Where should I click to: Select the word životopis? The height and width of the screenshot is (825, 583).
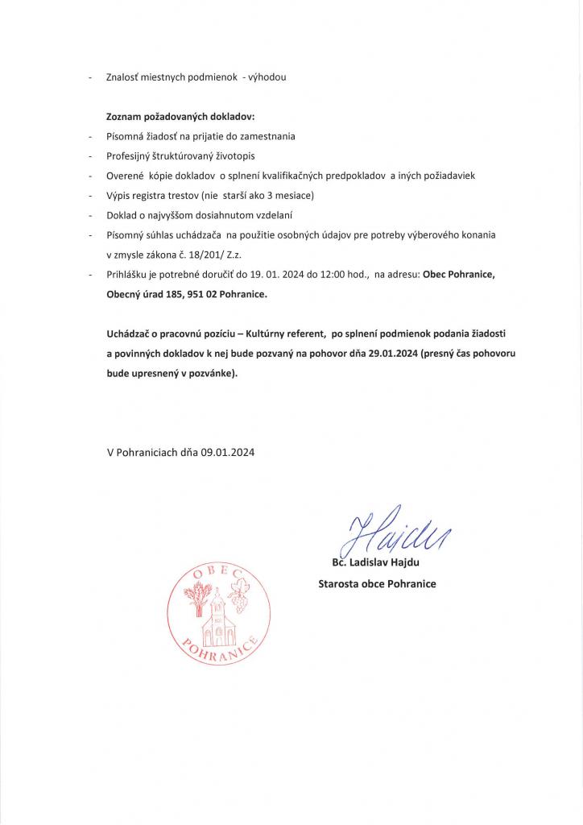point(231,155)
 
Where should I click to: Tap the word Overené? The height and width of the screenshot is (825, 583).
point(123,176)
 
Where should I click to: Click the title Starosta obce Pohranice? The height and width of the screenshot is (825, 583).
point(377,583)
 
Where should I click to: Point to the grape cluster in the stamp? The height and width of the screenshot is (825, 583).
point(238,600)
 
